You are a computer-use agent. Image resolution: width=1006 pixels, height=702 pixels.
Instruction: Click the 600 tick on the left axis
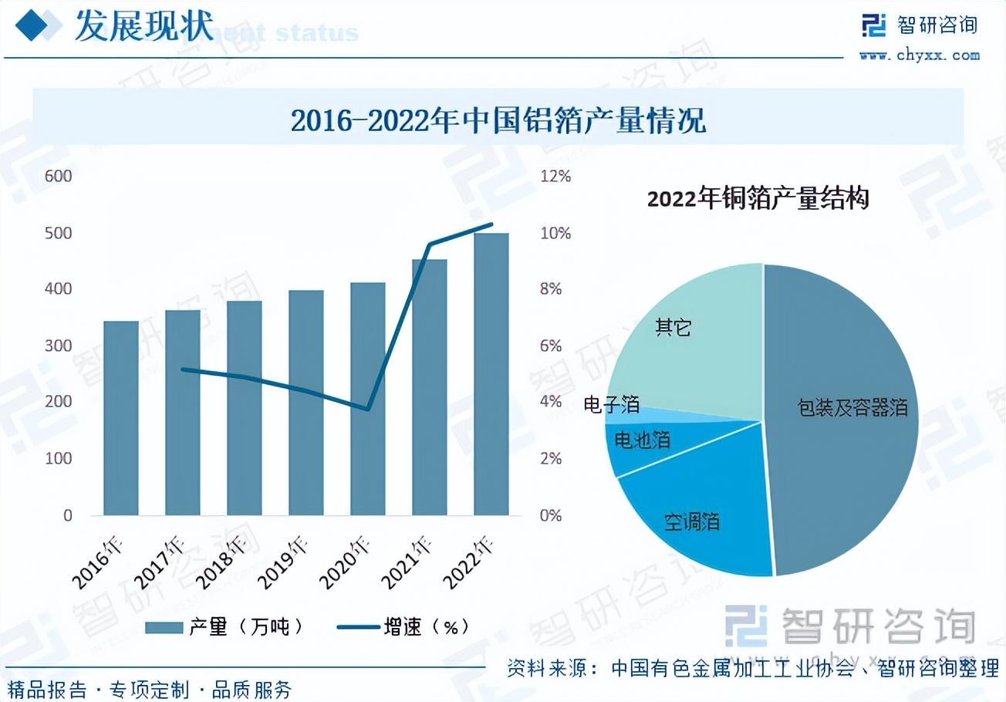tap(59, 176)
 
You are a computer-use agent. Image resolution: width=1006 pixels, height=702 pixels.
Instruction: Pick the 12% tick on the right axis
tap(555, 176)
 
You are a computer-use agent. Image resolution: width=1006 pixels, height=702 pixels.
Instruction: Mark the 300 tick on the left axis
tap(59, 346)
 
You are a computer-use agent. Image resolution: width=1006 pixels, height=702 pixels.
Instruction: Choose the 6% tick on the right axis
tap(551, 346)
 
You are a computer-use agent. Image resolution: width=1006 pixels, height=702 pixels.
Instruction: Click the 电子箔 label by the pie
tap(612, 403)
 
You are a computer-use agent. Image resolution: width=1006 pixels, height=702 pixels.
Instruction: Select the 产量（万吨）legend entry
tap(224, 626)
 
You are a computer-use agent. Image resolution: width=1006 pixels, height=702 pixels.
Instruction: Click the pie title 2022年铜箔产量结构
tap(758, 199)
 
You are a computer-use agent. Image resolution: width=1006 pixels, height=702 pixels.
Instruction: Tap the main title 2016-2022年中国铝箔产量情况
tap(498, 120)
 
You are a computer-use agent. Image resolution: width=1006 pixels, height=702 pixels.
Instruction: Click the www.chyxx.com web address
tap(920, 55)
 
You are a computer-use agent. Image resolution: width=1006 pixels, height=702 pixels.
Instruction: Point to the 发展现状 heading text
tap(143, 27)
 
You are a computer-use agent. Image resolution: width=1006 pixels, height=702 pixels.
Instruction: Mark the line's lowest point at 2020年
tap(368, 409)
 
